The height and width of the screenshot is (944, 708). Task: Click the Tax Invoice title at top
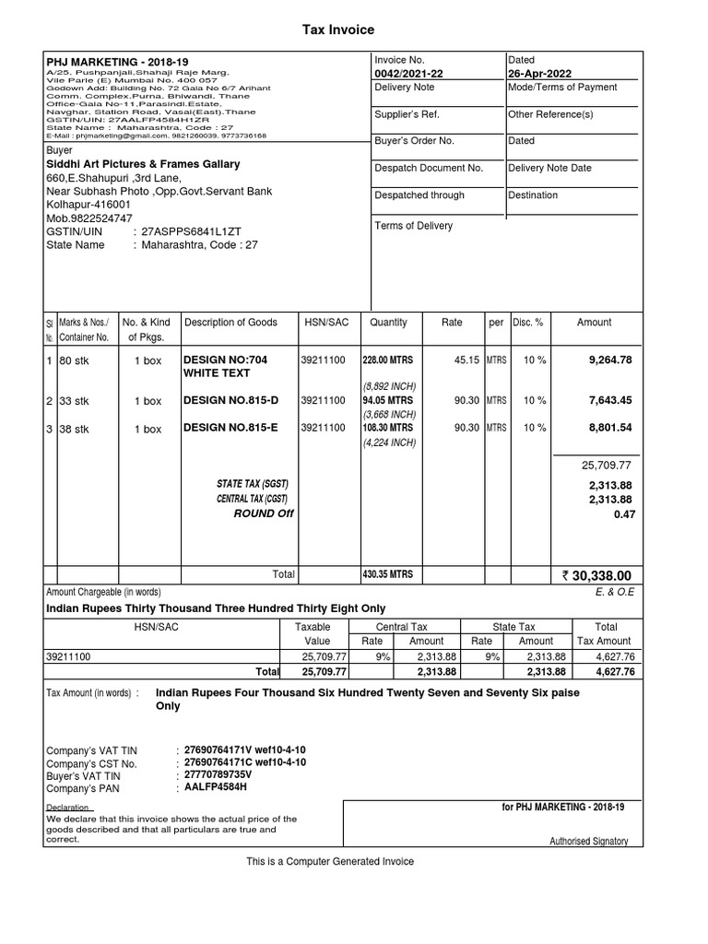[339, 30]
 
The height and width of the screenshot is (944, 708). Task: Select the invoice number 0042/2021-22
[408, 74]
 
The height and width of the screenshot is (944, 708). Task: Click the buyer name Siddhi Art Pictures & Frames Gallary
[143, 164]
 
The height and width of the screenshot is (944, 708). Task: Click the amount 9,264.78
[610, 360]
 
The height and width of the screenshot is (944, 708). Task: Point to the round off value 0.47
[625, 514]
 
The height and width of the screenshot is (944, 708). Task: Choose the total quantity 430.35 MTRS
[388, 574]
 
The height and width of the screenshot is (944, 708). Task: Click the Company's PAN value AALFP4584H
[216, 788]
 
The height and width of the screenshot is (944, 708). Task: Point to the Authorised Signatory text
[588, 841]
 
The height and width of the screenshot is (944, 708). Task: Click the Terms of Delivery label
[413, 226]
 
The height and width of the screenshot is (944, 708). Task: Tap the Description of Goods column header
[230, 323]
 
